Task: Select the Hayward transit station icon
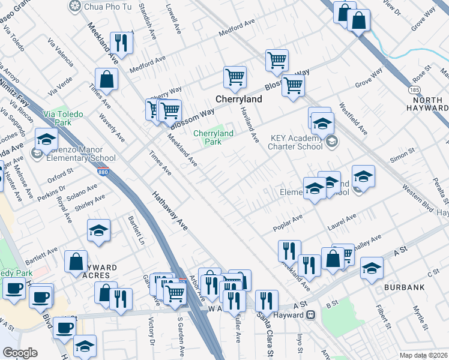(x=311, y=314)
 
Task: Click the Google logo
(x=20, y=353)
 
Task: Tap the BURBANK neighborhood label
(x=407, y=288)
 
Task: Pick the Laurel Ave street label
(x=342, y=223)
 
